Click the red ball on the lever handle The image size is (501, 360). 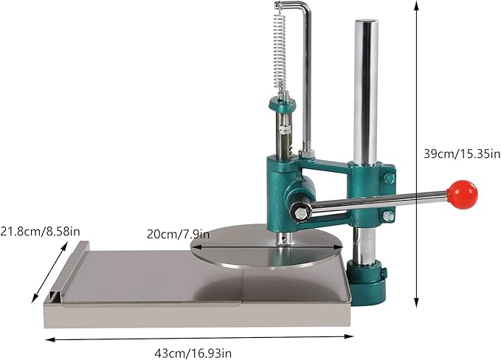coord(463,193)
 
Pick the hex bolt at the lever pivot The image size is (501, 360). coord(302,214)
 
